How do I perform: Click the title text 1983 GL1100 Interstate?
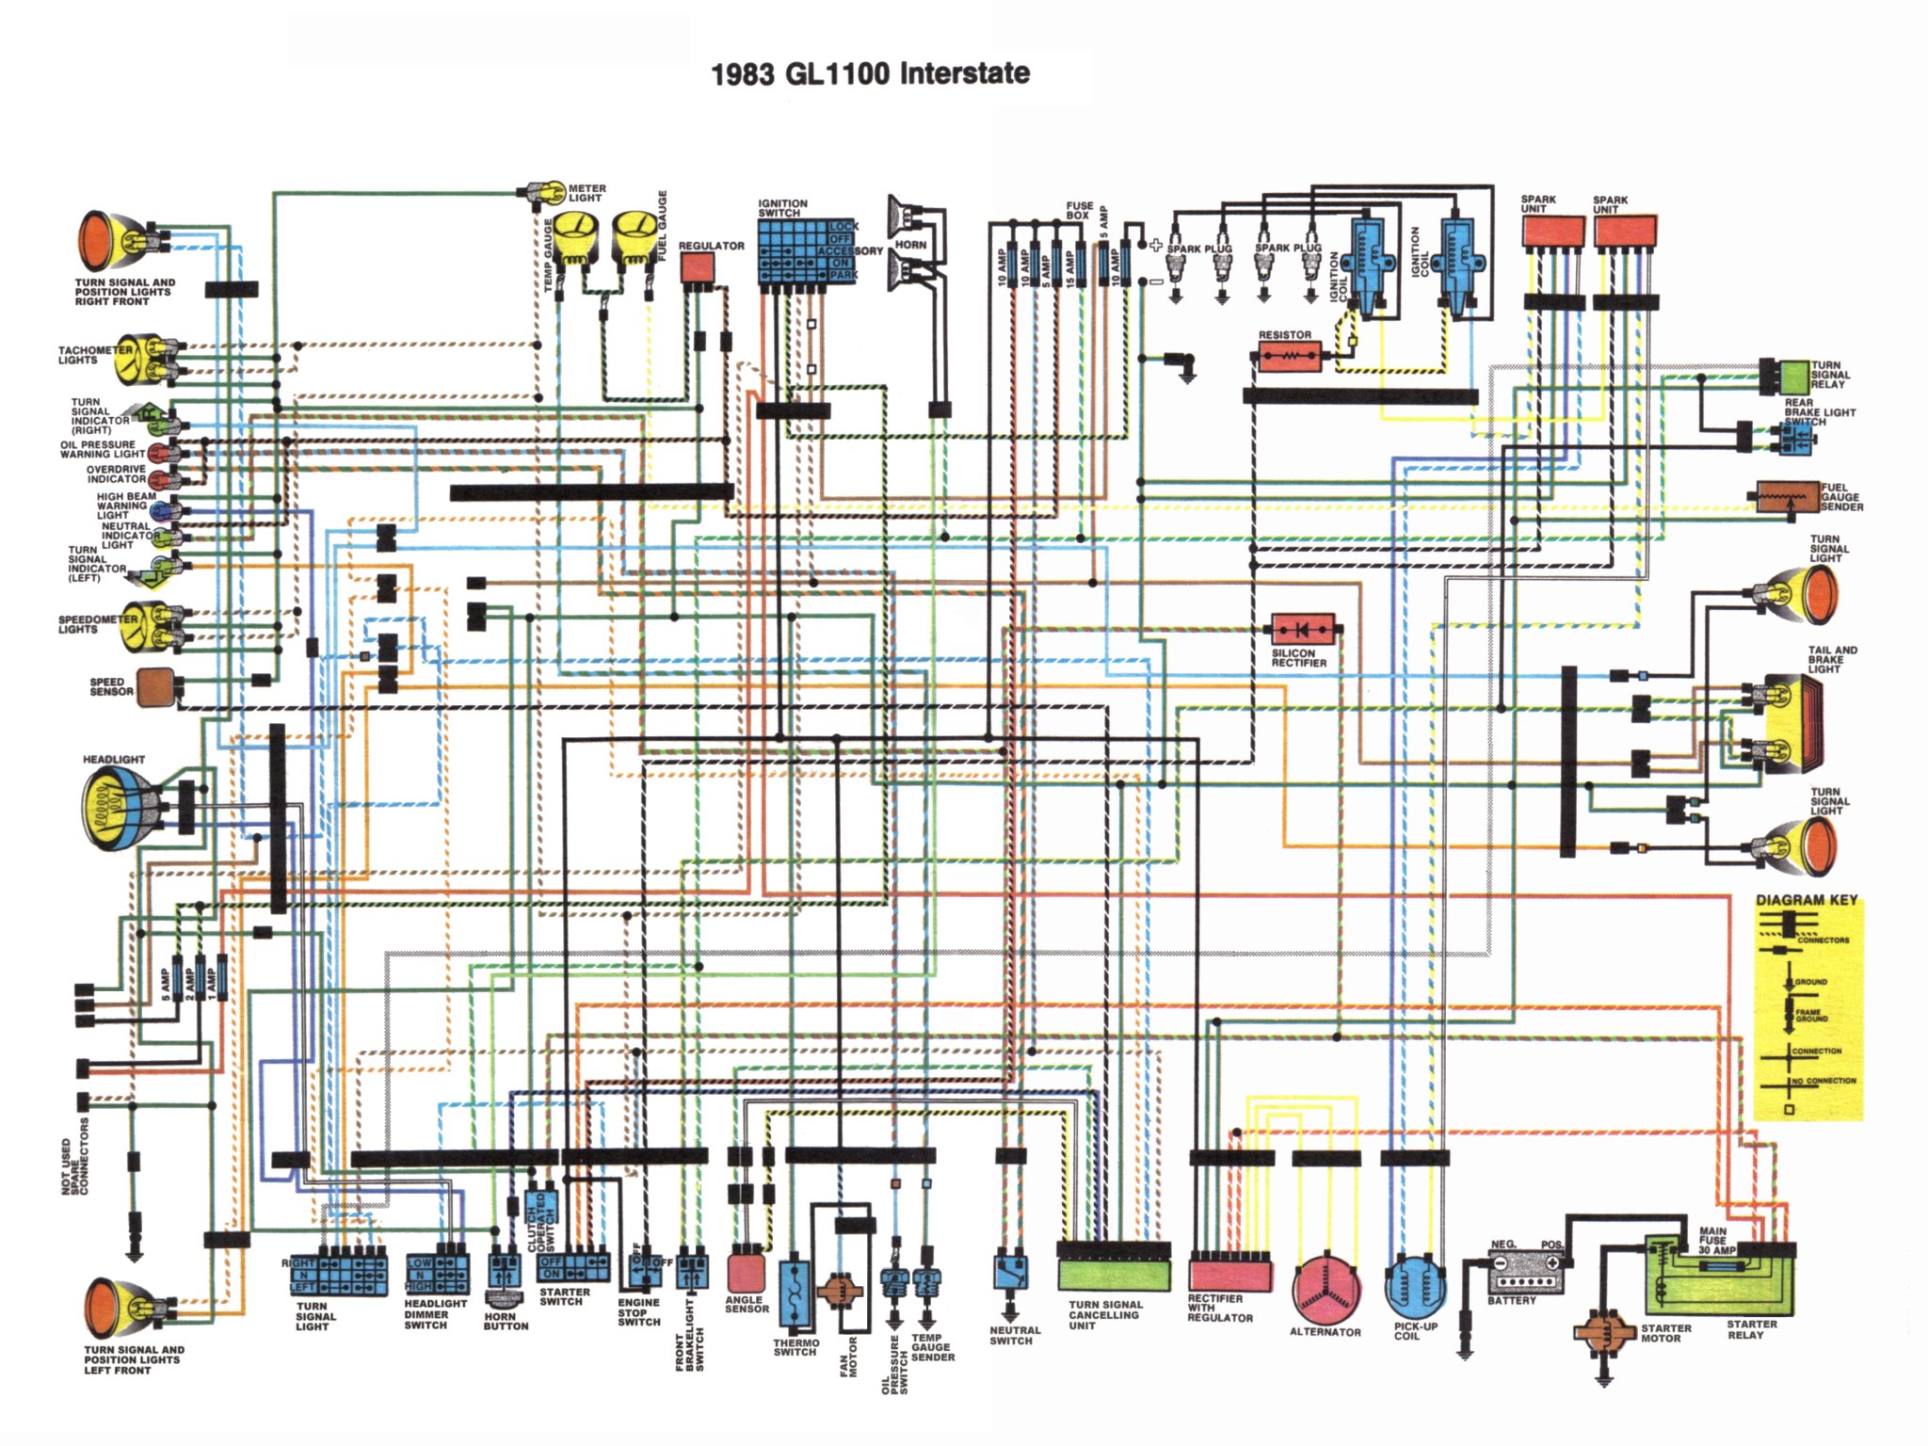pos(870,73)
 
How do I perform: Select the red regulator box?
pos(698,268)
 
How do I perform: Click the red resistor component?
pos(1290,357)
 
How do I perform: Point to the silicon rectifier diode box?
pos(1302,628)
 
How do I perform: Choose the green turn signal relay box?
pos(1794,376)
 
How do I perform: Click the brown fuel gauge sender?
pos(1787,497)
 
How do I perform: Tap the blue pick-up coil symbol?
pos(1415,1285)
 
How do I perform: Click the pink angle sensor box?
pos(745,1273)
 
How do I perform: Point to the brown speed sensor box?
pos(155,687)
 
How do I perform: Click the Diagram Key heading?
pos(1806,900)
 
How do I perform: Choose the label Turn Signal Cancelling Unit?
pos(1105,1315)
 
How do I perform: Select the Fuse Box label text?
pos(1079,210)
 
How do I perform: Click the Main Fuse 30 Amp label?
pos(1716,1240)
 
